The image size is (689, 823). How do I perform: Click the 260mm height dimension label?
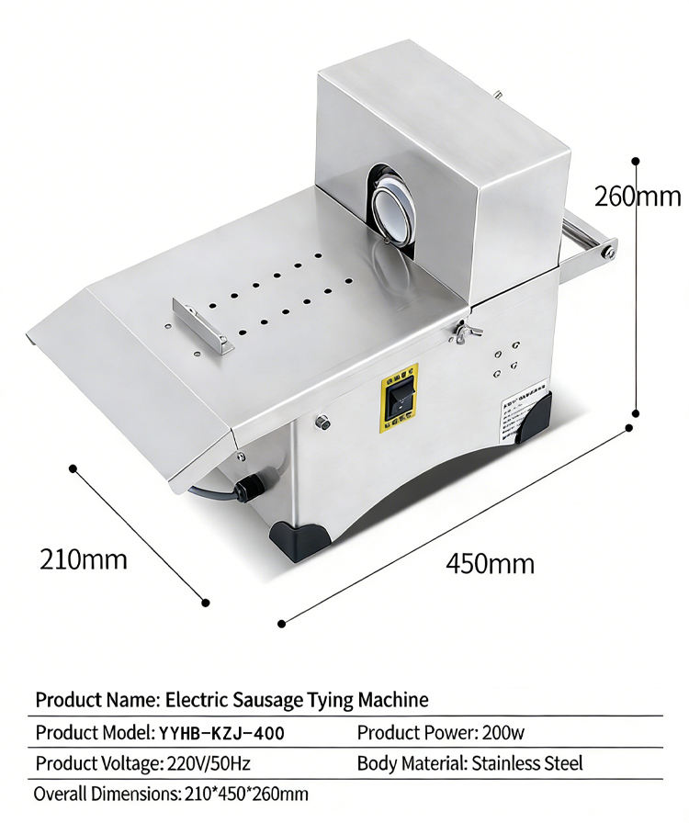point(638,197)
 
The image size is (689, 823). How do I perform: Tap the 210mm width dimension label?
point(83,558)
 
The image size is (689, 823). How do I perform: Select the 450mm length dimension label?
point(490,562)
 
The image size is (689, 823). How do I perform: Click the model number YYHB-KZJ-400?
point(221,732)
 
